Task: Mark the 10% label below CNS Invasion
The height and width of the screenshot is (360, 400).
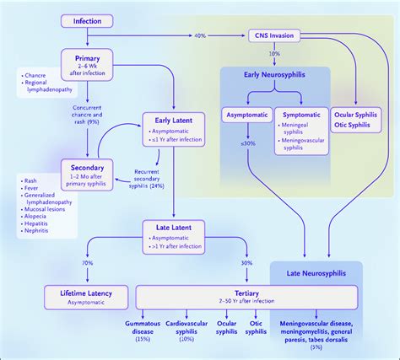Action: coord(274,54)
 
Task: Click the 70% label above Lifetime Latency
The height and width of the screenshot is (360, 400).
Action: coord(86,263)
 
